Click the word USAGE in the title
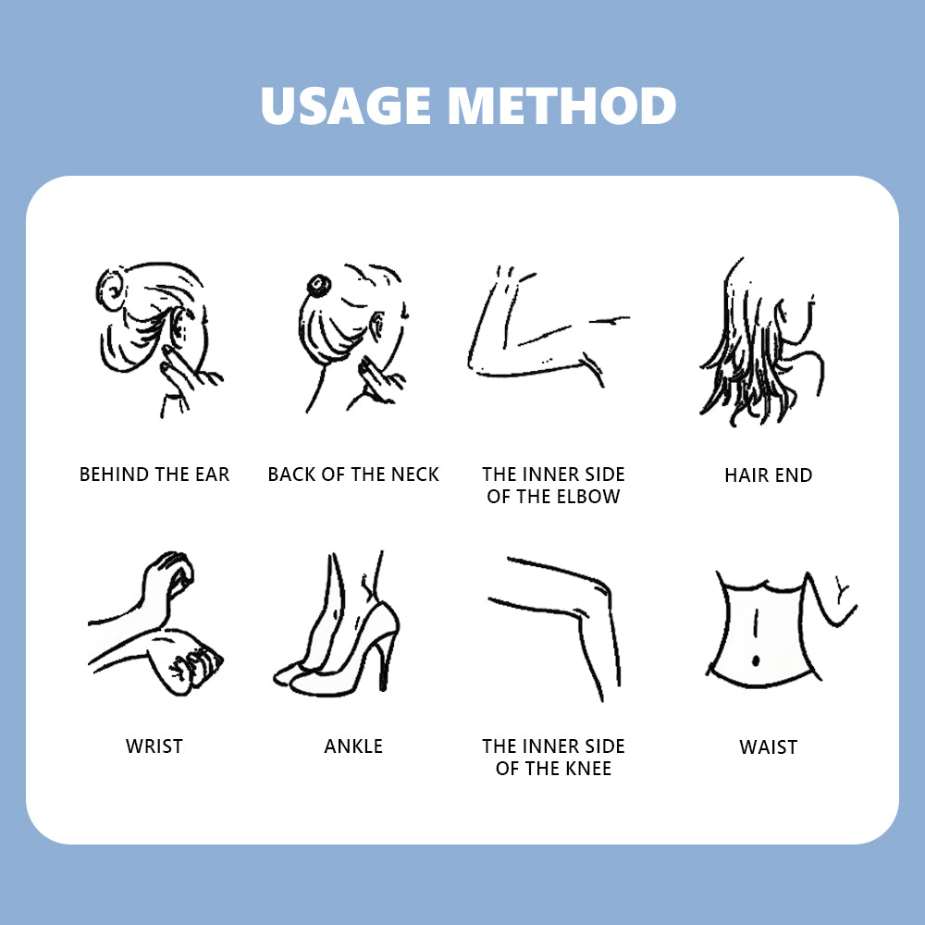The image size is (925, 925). pos(346,105)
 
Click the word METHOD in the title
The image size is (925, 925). pos(561,105)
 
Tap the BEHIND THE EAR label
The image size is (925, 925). pos(154,475)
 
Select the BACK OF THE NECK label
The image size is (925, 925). pos(353,475)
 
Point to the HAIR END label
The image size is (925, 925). pos(768,475)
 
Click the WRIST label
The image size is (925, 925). pos(154,746)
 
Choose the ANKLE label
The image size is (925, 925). pos(353,746)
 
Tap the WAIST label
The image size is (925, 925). pos(768,746)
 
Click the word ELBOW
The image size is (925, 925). pos(588,497)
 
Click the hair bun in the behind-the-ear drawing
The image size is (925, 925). pos(111,289)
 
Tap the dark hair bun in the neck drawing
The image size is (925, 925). pos(318,286)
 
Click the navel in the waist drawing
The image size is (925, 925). pos(756,660)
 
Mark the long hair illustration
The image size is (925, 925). pos(761,342)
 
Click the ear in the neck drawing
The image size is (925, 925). pos(377,326)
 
